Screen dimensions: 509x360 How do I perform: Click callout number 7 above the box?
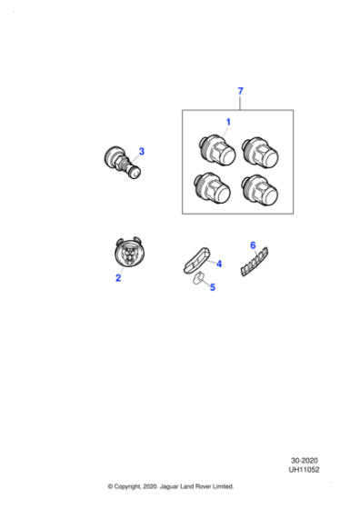pyautogui.click(x=240, y=92)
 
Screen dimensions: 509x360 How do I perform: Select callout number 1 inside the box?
pyautogui.click(x=228, y=122)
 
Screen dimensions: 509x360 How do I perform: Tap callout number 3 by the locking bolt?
pyautogui.click(x=142, y=151)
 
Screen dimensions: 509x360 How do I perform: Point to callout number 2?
pyautogui.click(x=117, y=278)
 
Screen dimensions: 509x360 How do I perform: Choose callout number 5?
pyautogui.click(x=212, y=288)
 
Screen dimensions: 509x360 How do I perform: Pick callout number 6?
pyautogui.click(x=253, y=245)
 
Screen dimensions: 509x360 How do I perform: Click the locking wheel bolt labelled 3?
pyautogui.click(x=121, y=162)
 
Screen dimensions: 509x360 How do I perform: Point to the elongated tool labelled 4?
pyautogui.click(x=196, y=258)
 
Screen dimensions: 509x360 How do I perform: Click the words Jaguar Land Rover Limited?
pyautogui.click(x=198, y=486)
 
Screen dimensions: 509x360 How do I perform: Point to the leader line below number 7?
pyautogui.click(x=240, y=103)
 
